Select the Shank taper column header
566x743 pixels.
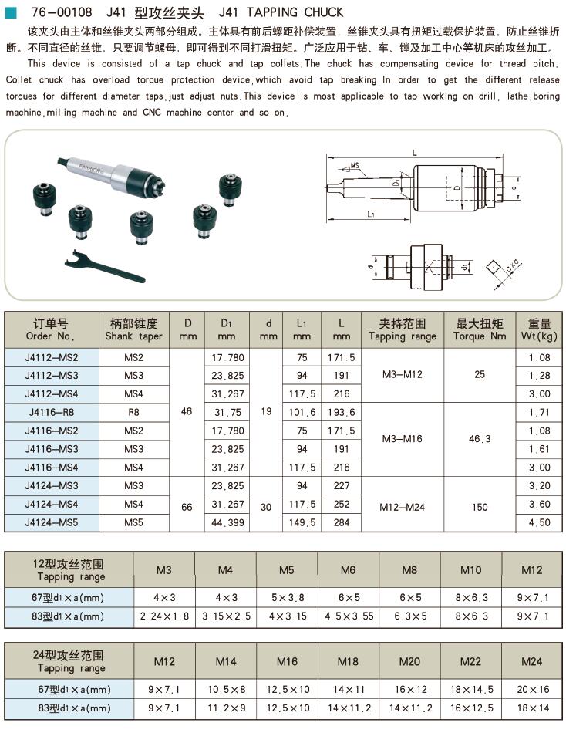coord(134,330)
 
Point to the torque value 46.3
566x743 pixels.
coord(480,439)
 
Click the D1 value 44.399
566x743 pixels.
coord(227,522)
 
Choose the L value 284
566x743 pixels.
coord(340,522)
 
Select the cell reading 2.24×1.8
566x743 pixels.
coord(165,616)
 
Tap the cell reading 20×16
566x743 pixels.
coord(531,689)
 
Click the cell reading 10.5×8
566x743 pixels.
coord(226,689)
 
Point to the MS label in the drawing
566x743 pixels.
coord(355,166)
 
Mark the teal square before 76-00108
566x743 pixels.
coord(11,12)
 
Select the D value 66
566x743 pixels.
coord(187,504)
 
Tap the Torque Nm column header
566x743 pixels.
coord(480,330)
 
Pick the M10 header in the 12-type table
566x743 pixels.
coord(470,571)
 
